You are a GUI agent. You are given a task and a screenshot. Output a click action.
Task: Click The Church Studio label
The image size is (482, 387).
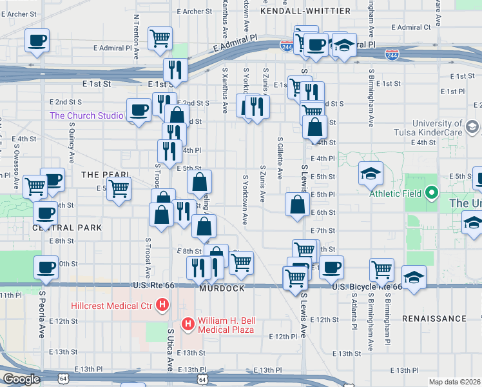[86, 116]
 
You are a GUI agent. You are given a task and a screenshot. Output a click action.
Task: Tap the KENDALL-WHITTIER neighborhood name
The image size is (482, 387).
[305, 11]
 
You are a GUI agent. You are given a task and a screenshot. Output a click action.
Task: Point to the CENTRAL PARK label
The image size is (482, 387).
[68, 228]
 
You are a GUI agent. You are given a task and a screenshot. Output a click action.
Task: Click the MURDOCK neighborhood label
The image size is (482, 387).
[222, 288]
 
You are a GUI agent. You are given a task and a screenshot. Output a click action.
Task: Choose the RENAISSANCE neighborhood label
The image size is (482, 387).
[434, 319]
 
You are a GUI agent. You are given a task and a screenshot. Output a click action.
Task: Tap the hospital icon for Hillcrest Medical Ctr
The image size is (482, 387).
[163, 304]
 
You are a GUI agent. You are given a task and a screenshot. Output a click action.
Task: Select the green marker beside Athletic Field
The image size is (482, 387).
[432, 193]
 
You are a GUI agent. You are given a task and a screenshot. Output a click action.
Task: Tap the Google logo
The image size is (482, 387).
[21, 379]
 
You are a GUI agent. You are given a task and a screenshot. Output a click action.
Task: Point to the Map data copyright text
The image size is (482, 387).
[455, 382]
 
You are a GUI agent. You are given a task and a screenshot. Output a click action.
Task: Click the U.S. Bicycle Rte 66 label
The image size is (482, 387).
[367, 285]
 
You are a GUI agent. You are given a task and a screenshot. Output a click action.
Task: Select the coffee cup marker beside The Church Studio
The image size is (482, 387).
[139, 110]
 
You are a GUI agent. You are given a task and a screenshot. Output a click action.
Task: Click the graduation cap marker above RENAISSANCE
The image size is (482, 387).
[414, 277]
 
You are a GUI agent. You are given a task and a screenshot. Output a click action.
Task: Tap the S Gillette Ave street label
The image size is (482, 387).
[280, 159]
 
